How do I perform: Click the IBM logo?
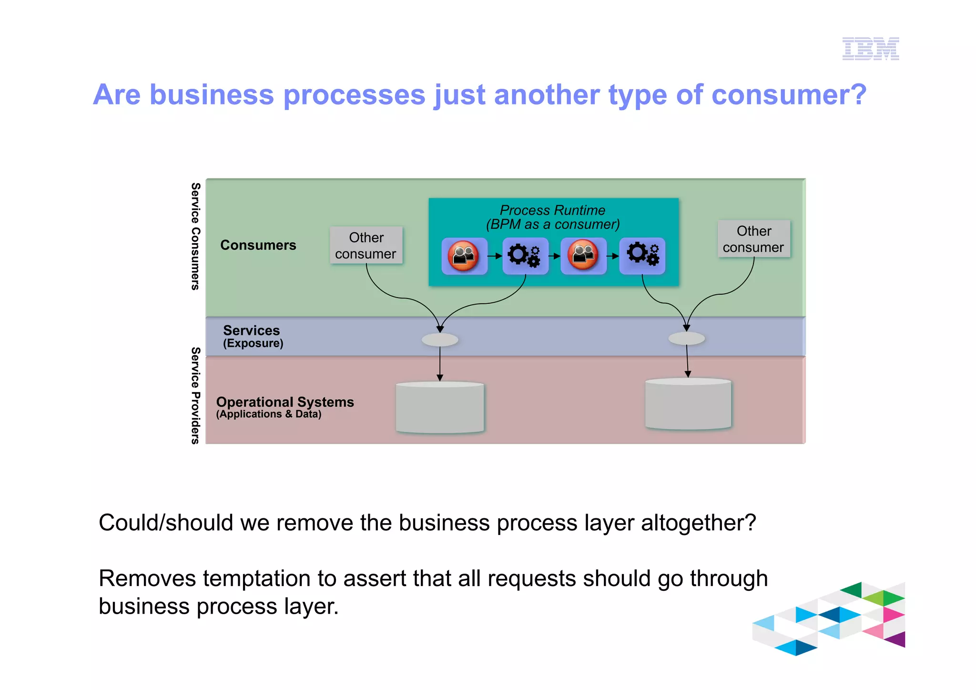870,49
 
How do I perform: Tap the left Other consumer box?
366,245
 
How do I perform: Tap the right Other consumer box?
753,239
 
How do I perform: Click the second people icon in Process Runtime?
583,256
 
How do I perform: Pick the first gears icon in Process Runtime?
525,256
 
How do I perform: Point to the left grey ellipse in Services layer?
440,340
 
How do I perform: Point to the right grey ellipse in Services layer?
686,339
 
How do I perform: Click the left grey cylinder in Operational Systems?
440,408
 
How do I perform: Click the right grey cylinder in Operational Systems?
688,404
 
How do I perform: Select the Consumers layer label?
258,245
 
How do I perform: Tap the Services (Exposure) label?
252,336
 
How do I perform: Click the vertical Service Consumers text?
195,236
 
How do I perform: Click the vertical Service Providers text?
195,396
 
